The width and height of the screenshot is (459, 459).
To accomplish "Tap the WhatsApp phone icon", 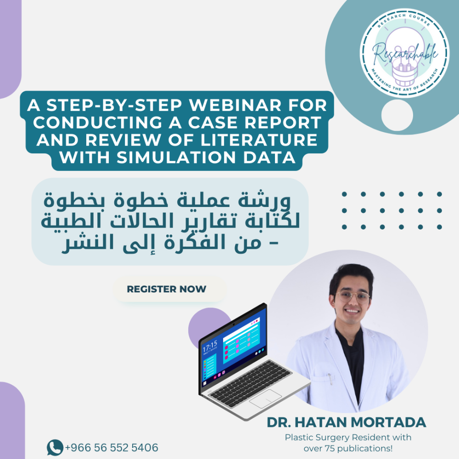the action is [x=55, y=448].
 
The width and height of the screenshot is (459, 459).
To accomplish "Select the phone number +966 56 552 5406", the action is [x=112, y=448].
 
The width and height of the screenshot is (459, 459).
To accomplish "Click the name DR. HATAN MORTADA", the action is [x=346, y=422].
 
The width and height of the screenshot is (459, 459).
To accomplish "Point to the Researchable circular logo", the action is [x=404, y=53].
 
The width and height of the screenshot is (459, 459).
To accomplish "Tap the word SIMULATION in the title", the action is [x=176, y=157].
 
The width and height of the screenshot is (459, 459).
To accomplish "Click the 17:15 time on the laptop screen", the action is [x=210, y=346].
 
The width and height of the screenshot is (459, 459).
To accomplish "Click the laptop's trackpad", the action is [x=265, y=399].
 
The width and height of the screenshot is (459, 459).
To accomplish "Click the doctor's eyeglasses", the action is [x=353, y=297].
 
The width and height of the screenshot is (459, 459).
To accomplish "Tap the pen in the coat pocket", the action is [x=330, y=379].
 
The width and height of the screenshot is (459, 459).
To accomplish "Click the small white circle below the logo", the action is [x=397, y=115].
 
